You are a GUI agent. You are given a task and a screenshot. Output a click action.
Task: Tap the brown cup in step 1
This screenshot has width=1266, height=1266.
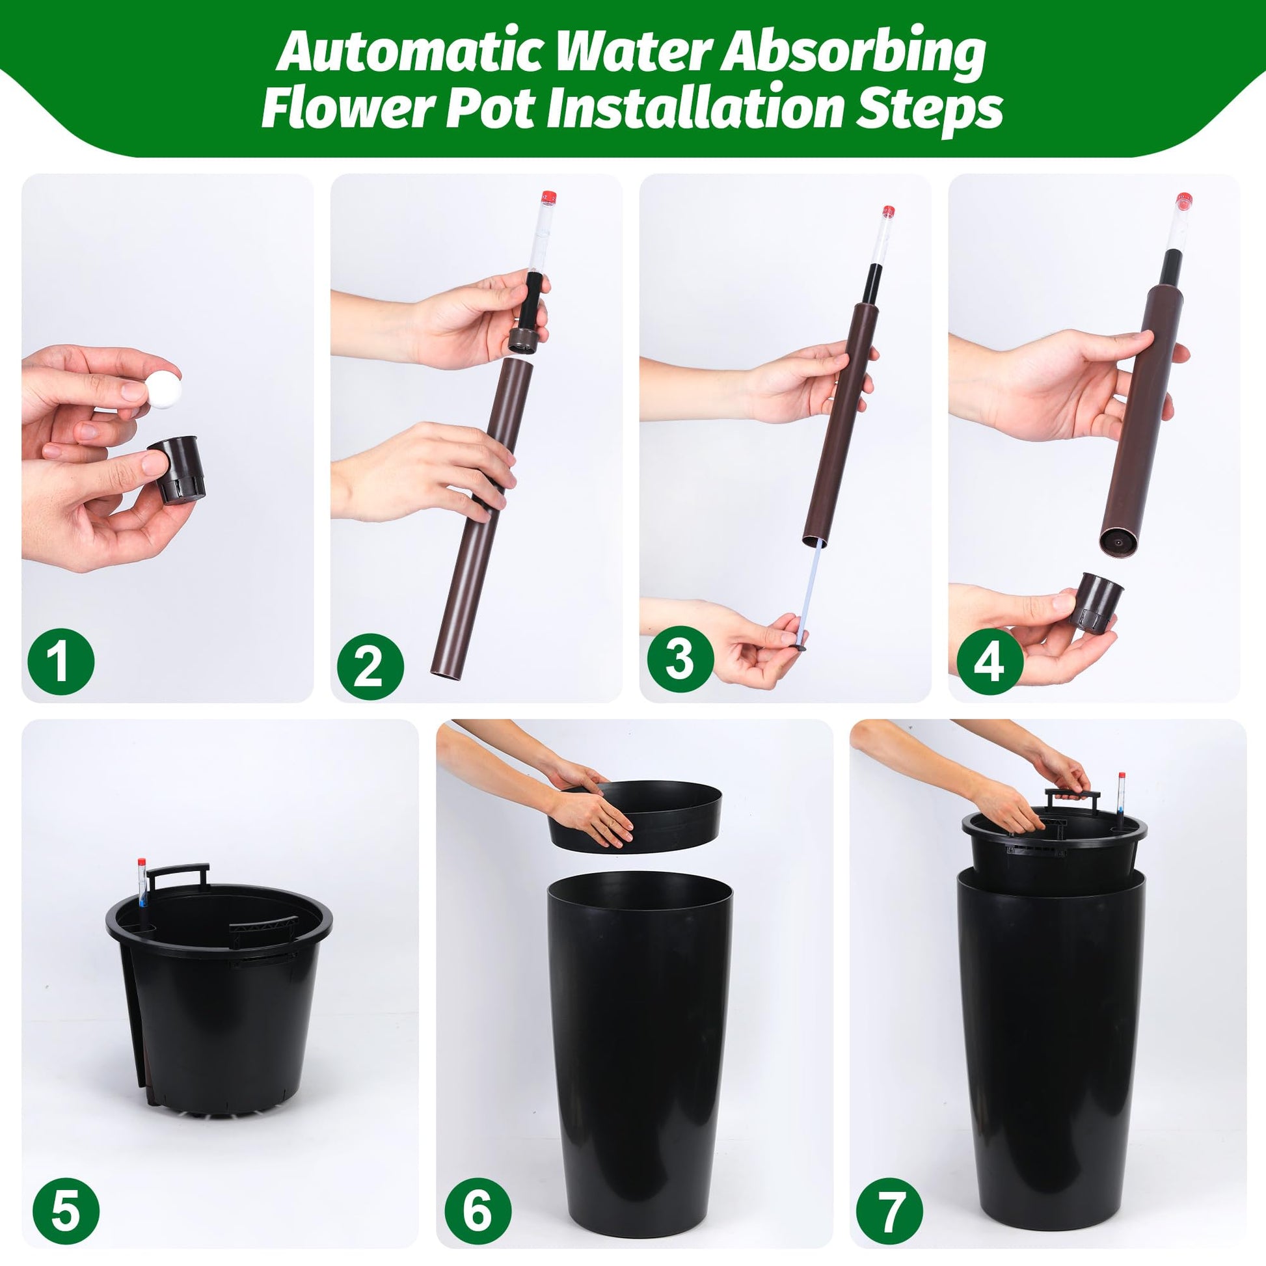[x=177, y=469]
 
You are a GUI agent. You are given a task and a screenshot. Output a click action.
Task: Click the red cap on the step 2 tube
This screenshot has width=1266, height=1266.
[x=548, y=196]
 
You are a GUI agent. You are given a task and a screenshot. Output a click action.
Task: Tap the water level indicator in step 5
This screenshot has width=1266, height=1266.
[x=142, y=882]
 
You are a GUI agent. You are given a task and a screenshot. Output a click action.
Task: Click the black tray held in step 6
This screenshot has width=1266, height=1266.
[x=635, y=817]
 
